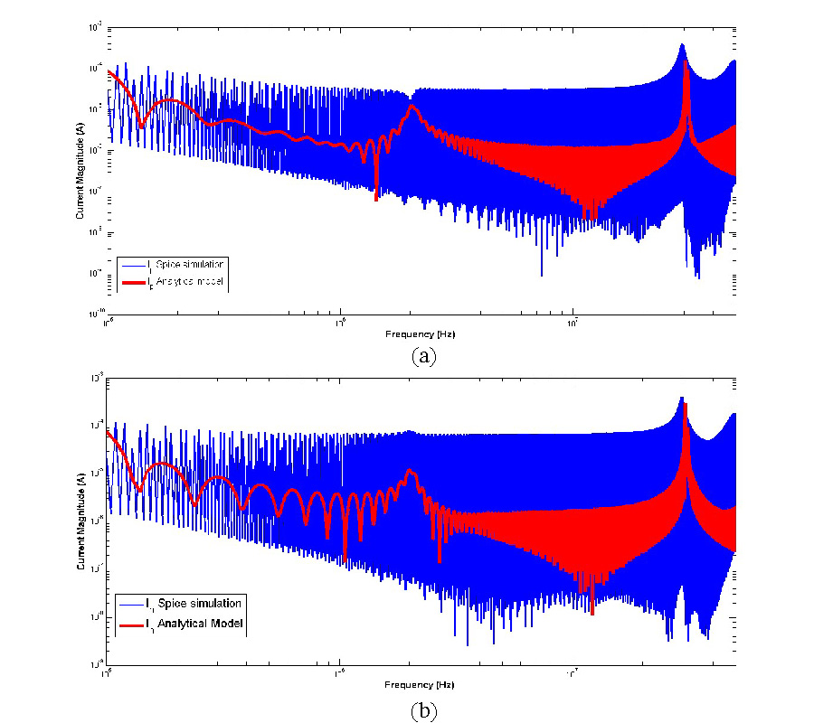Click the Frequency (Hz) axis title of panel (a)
[422, 333]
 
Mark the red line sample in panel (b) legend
[130, 624]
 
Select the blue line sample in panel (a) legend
[131, 265]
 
